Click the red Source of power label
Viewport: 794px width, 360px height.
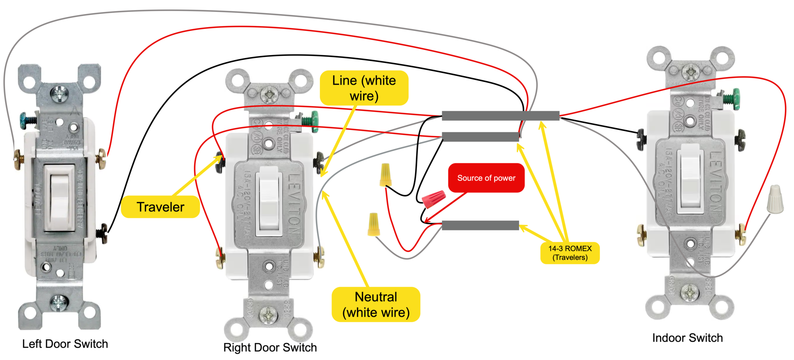(486, 178)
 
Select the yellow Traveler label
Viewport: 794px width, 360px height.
(160, 207)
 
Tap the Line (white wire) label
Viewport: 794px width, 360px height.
(364, 88)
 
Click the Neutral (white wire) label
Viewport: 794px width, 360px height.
(376, 305)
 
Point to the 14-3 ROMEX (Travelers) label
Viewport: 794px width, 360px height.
(570, 253)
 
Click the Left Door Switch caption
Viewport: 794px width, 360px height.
(65, 344)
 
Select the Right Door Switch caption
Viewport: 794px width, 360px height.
(270, 347)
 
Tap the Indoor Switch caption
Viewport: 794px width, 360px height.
(687, 338)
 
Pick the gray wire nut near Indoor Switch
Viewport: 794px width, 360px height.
(775, 199)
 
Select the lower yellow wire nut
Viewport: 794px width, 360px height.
(374, 224)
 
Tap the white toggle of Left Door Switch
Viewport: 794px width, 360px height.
(60, 197)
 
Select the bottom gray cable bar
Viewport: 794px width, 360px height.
(480, 226)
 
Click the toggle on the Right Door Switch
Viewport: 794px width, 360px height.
(269, 201)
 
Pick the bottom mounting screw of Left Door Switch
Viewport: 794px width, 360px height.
(59, 303)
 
